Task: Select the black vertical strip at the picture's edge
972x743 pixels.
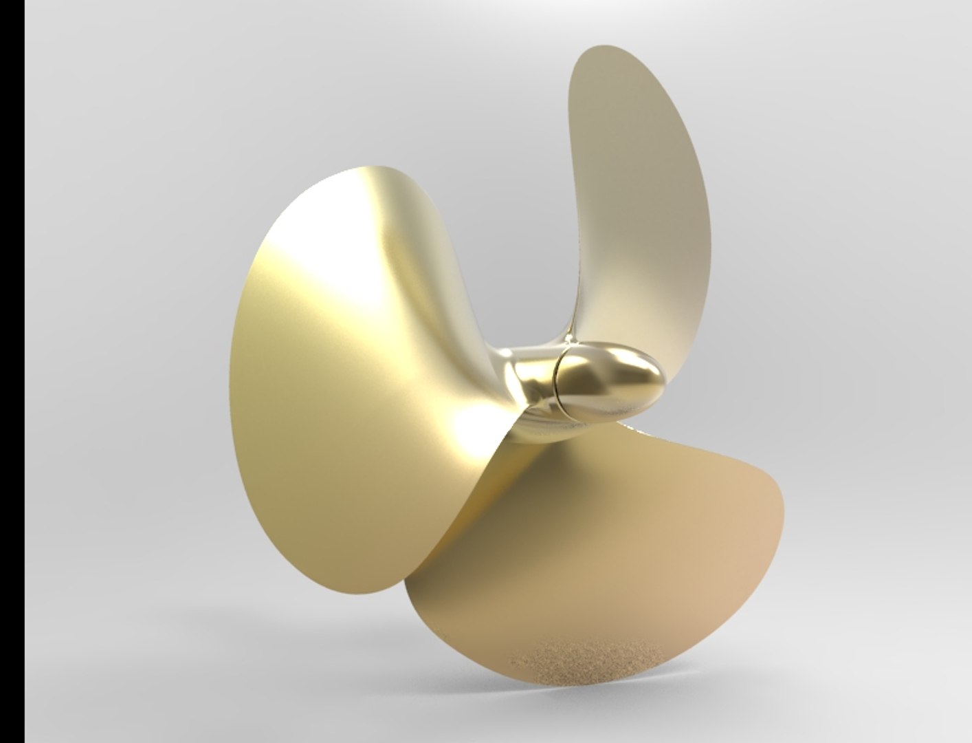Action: coord(12,371)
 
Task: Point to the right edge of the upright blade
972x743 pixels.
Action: coord(708,206)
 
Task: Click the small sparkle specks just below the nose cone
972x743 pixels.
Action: coord(636,430)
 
